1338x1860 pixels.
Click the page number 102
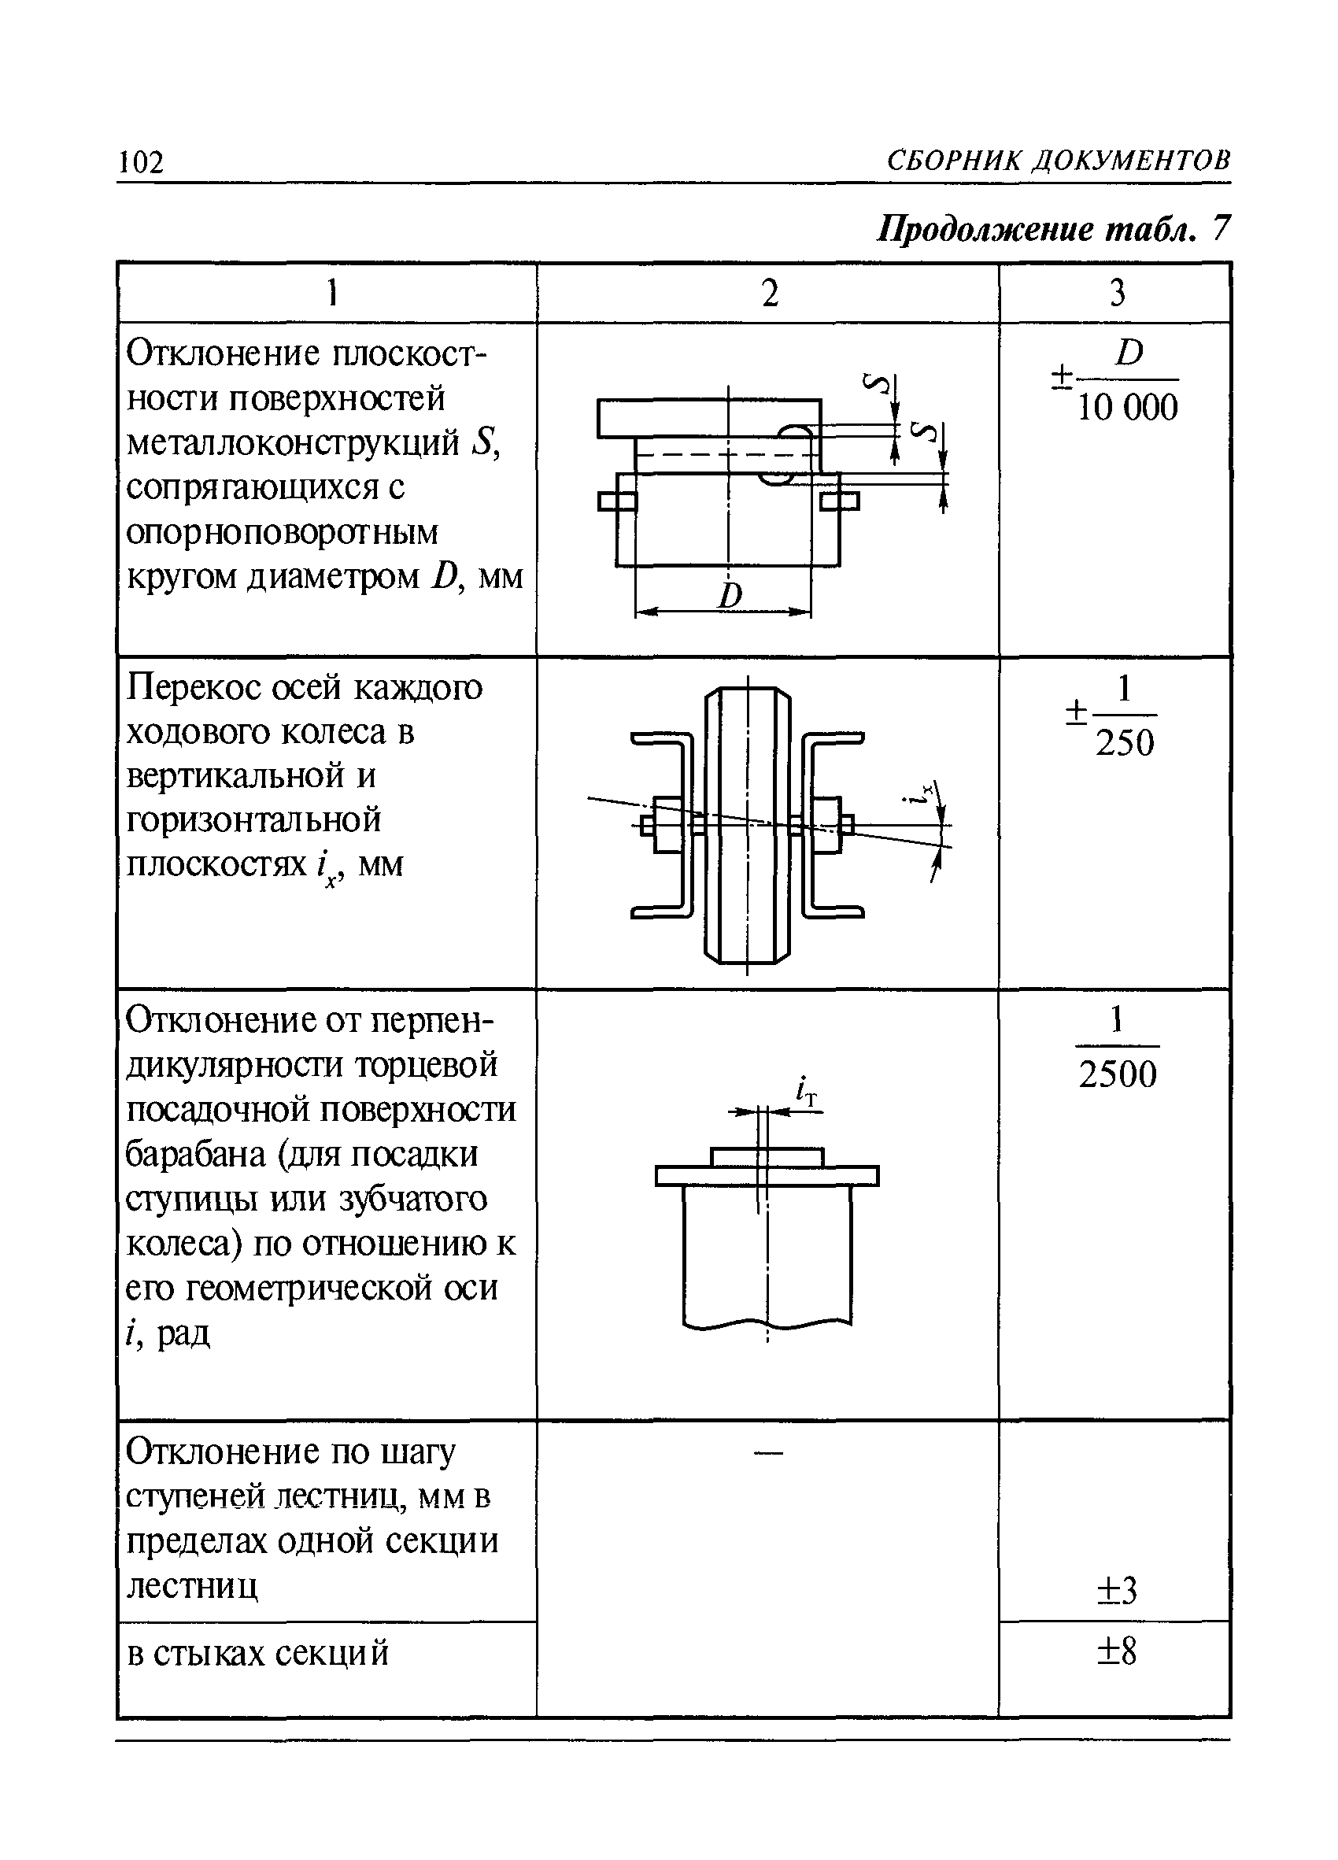coord(142,162)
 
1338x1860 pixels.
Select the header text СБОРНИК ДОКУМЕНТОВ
coord(1058,160)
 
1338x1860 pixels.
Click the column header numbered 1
coord(332,293)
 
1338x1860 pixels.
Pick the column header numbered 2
coord(769,293)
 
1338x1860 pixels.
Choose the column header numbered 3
coord(1117,293)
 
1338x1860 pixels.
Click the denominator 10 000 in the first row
coord(1127,408)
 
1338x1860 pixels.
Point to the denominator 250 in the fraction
coord(1125,743)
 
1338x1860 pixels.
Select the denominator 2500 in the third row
coord(1118,1074)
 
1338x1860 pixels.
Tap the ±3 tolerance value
coord(1117,1591)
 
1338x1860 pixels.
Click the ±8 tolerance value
coord(1117,1651)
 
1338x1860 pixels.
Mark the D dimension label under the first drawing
coord(730,596)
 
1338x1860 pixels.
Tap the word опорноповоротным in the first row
coord(283,533)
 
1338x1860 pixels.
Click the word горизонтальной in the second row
coord(254,819)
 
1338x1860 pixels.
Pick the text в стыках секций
coord(257,1653)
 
